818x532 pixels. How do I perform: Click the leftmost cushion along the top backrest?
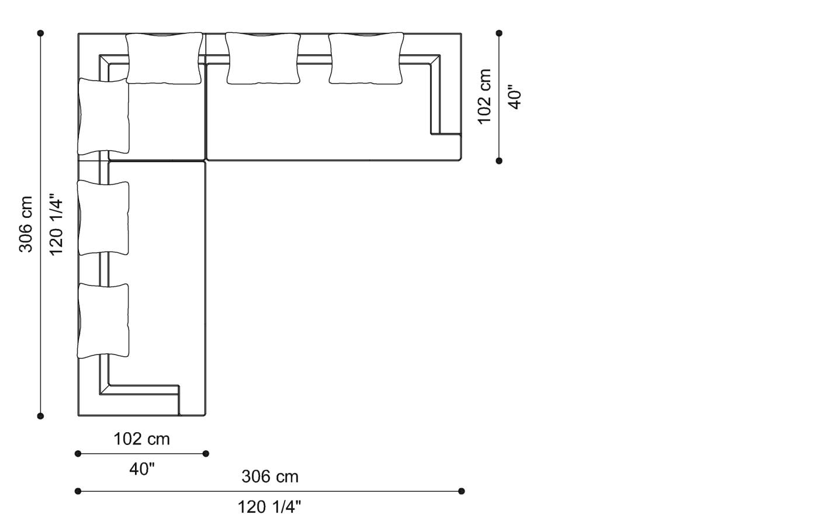coord(164,58)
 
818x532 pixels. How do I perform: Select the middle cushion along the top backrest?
coord(263,58)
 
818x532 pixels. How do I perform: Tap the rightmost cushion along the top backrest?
coord(366,58)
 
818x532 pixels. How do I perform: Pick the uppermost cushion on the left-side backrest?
coord(103,116)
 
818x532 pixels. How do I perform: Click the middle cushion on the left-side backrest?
coord(103,218)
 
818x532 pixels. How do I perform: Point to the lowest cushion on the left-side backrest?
coord(103,321)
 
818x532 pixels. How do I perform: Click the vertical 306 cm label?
coord(26,224)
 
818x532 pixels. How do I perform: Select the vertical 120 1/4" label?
coord(57,224)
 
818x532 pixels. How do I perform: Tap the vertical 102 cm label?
coord(484,96)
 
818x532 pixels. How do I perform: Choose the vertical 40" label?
coord(515,97)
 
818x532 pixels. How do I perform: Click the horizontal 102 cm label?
coord(141,439)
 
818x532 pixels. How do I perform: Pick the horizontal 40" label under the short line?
coord(142,469)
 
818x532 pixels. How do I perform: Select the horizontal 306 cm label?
coord(270,477)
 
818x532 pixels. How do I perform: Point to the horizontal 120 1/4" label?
coord(269,507)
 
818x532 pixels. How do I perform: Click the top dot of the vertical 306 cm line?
coord(40,33)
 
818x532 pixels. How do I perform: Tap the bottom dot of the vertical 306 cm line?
coord(40,416)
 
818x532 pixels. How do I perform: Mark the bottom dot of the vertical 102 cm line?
coord(499,161)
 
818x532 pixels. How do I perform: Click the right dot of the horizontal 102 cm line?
coord(206,454)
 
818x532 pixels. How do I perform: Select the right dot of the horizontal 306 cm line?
coord(461,491)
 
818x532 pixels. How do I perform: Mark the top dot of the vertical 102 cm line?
coord(499,33)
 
